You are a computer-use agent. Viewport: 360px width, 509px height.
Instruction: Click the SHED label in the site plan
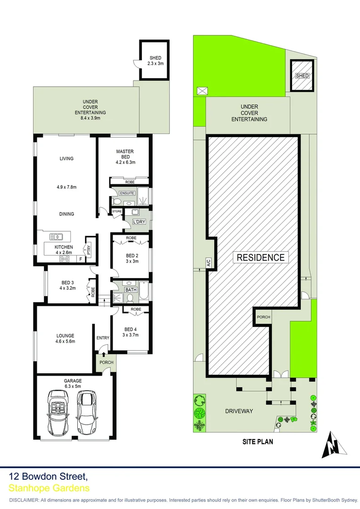point(302,76)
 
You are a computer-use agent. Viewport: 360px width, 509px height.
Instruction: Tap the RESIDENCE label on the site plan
point(261,257)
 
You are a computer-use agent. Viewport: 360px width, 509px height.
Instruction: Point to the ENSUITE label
point(127,193)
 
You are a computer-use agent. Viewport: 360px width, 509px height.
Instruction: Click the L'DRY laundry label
point(139,222)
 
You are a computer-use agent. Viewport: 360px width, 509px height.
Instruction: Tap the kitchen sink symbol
point(57,237)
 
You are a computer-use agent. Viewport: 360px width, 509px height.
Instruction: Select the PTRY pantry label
point(88,250)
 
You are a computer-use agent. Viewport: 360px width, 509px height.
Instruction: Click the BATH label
point(131,289)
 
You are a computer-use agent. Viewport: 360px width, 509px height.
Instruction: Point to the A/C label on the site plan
point(208,263)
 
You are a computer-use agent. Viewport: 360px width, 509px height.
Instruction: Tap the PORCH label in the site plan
point(263,317)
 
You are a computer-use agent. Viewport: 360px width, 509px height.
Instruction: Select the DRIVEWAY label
point(239,411)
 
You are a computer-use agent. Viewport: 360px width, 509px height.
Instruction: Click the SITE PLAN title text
point(257,442)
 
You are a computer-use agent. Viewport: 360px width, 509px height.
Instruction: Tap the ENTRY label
point(103,338)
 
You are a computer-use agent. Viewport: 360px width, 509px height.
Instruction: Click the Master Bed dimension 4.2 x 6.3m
point(126,163)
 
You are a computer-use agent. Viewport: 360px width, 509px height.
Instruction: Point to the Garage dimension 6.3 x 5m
point(73,386)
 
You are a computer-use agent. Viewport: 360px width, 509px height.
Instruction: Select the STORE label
point(117,212)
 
